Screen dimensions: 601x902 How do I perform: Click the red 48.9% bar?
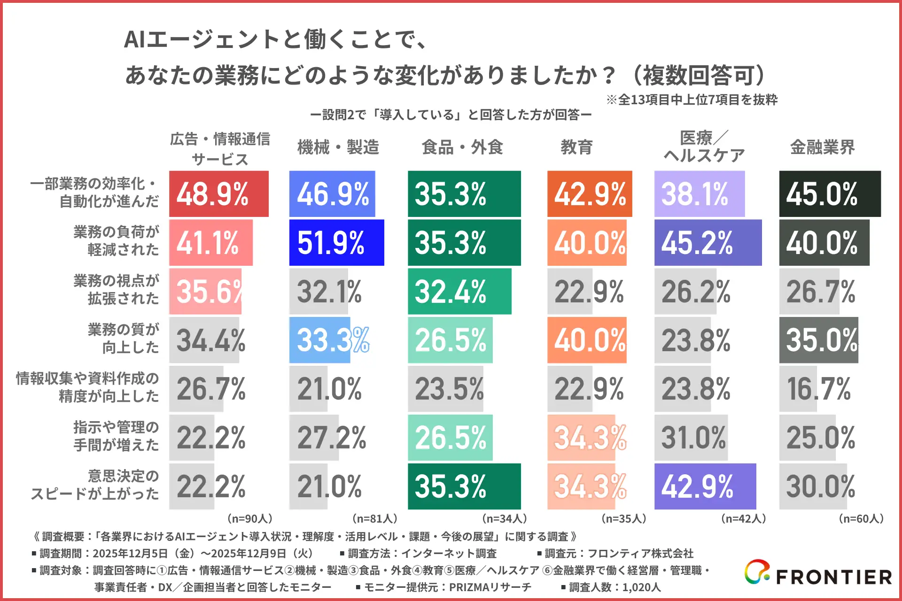tap(219, 194)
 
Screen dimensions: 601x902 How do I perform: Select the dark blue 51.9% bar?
tap(336, 243)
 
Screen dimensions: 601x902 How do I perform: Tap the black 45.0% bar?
tap(830, 194)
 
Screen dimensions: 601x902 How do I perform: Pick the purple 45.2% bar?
tap(708, 243)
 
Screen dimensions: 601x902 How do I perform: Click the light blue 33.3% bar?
tap(320, 340)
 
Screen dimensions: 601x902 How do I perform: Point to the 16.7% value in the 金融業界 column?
tap(818, 389)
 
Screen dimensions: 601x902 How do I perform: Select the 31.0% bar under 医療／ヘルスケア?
tap(691, 438)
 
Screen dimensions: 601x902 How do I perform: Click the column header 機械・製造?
tap(338, 147)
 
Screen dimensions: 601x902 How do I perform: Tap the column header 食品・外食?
tap(462, 147)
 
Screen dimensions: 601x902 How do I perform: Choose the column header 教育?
tap(576, 147)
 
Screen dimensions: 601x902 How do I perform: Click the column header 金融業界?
tap(822, 147)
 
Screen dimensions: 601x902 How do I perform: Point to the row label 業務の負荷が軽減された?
tap(117, 241)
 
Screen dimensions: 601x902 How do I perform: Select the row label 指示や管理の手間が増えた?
tap(117, 436)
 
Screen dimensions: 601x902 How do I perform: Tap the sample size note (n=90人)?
tap(250, 518)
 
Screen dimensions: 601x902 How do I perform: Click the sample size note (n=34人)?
tap(505, 518)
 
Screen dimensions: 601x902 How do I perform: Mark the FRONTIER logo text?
tap(833, 577)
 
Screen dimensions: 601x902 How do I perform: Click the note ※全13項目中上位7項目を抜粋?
tap(692, 100)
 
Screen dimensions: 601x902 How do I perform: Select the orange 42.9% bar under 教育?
tap(590, 194)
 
